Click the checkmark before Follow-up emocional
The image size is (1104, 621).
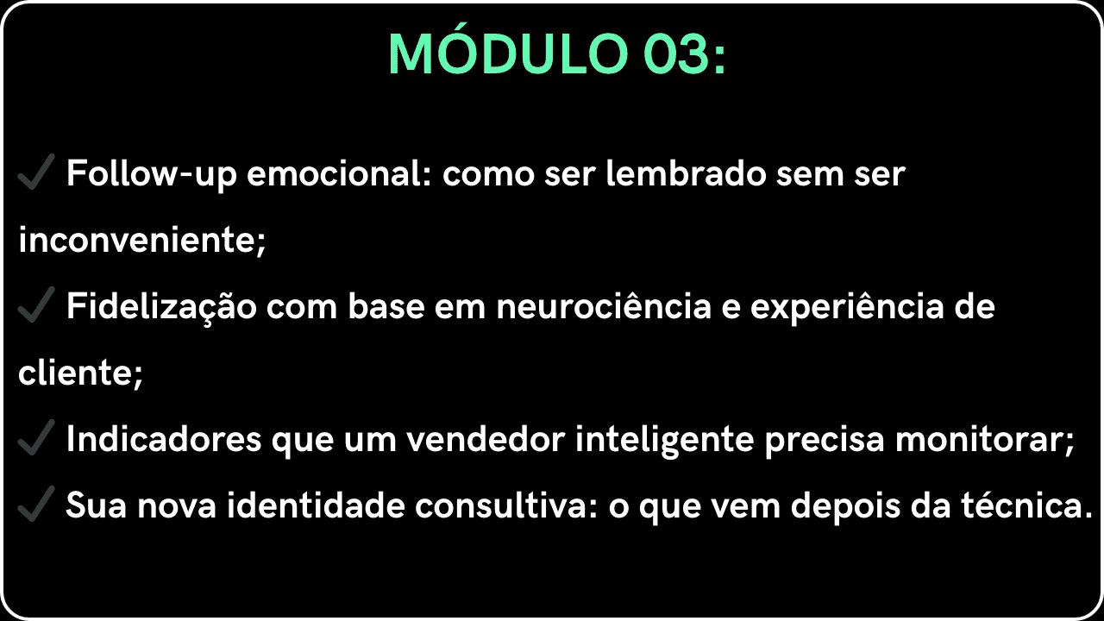coord(36,172)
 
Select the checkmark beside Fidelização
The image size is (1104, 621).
coord(36,304)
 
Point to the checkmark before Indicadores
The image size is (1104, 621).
coord(36,437)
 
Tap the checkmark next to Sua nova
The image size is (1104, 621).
coord(36,504)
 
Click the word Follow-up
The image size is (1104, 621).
coord(152,174)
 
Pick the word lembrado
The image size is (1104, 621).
coord(686,174)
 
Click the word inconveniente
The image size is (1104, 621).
coord(141,241)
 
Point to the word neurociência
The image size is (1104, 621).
coord(604,305)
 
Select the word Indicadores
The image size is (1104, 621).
coord(164,439)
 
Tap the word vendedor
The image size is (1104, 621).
coord(486,439)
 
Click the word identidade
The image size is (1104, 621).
coord(316,505)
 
